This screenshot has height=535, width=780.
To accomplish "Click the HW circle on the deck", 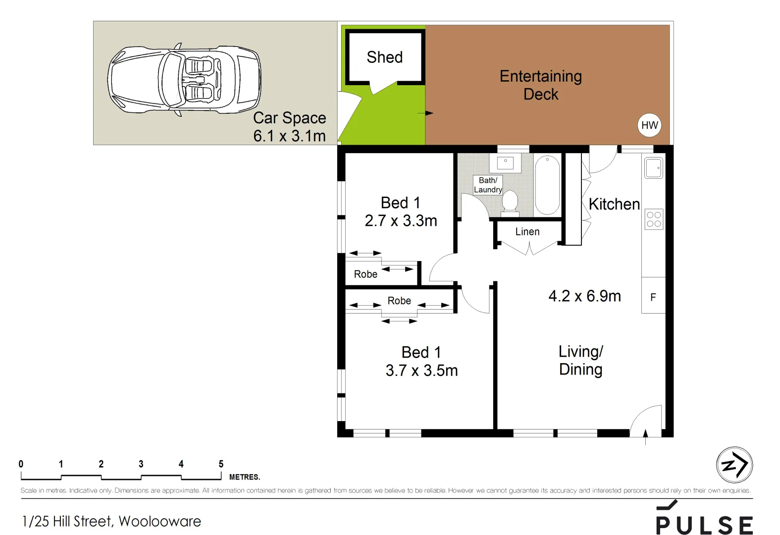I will [649, 125].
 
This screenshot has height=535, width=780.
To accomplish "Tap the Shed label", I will [384, 57].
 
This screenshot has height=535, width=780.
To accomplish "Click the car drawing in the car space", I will [184, 81].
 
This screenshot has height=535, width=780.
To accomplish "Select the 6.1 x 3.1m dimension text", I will [289, 136].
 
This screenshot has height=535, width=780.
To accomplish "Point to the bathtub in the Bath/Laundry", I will [547, 185].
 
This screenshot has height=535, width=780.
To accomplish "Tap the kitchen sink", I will [653, 168].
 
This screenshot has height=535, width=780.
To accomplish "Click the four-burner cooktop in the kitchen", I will [654, 219].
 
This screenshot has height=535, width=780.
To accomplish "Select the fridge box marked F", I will [653, 297].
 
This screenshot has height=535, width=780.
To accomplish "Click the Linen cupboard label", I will [527, 232].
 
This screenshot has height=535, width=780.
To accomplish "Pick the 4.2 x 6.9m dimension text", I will [584, 296].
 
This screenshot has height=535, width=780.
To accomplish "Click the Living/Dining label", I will [581, 360].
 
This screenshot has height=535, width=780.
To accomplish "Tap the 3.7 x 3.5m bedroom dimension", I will [421, 371].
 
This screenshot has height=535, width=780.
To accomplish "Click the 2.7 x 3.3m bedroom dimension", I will [401, 221].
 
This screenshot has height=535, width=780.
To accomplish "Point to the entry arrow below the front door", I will [645, 436].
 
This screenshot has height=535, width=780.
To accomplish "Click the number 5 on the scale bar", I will [221, 464].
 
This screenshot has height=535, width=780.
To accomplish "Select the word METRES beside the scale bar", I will [244, 477].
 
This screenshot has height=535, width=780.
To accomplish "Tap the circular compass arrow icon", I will [734, 465].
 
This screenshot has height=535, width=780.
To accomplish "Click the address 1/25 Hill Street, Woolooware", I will [111, 521].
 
